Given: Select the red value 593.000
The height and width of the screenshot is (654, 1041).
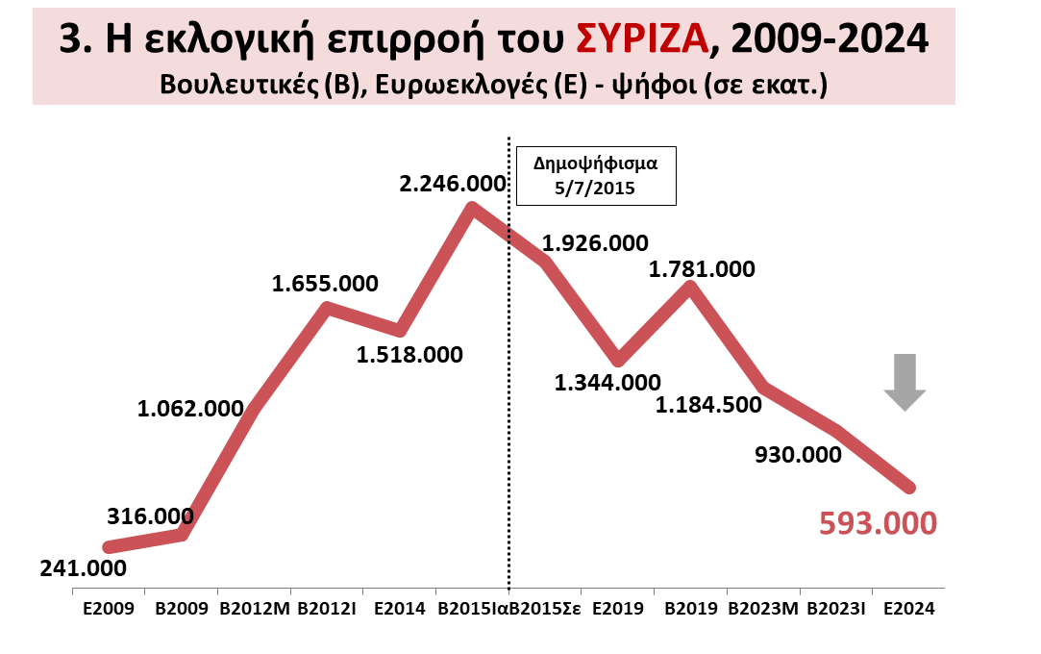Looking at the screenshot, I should [x=877, y=523].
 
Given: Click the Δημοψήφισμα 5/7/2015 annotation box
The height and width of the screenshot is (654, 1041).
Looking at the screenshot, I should [x=595, y=174].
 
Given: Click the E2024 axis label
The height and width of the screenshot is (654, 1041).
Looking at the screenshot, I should [x=908, y=609].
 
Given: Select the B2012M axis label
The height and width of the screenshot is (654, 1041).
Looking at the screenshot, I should [x=255, y=609].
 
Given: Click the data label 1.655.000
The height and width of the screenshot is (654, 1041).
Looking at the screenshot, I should [x=325, y=284].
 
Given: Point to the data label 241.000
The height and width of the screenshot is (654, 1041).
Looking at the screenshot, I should [x=83, y=567].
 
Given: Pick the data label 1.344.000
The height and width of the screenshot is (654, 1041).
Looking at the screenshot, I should [x=607, y=383].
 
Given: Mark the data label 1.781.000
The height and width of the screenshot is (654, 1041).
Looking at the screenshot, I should [x=702, y=269].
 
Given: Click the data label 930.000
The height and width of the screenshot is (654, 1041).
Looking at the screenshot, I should [x=797, y=453].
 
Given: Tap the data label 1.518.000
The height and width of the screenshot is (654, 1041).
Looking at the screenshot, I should [x=409, y=354].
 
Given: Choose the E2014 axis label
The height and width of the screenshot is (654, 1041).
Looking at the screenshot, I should [x=400, y=609].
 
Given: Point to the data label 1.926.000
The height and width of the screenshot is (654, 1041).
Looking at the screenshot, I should [x=595, y=243].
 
